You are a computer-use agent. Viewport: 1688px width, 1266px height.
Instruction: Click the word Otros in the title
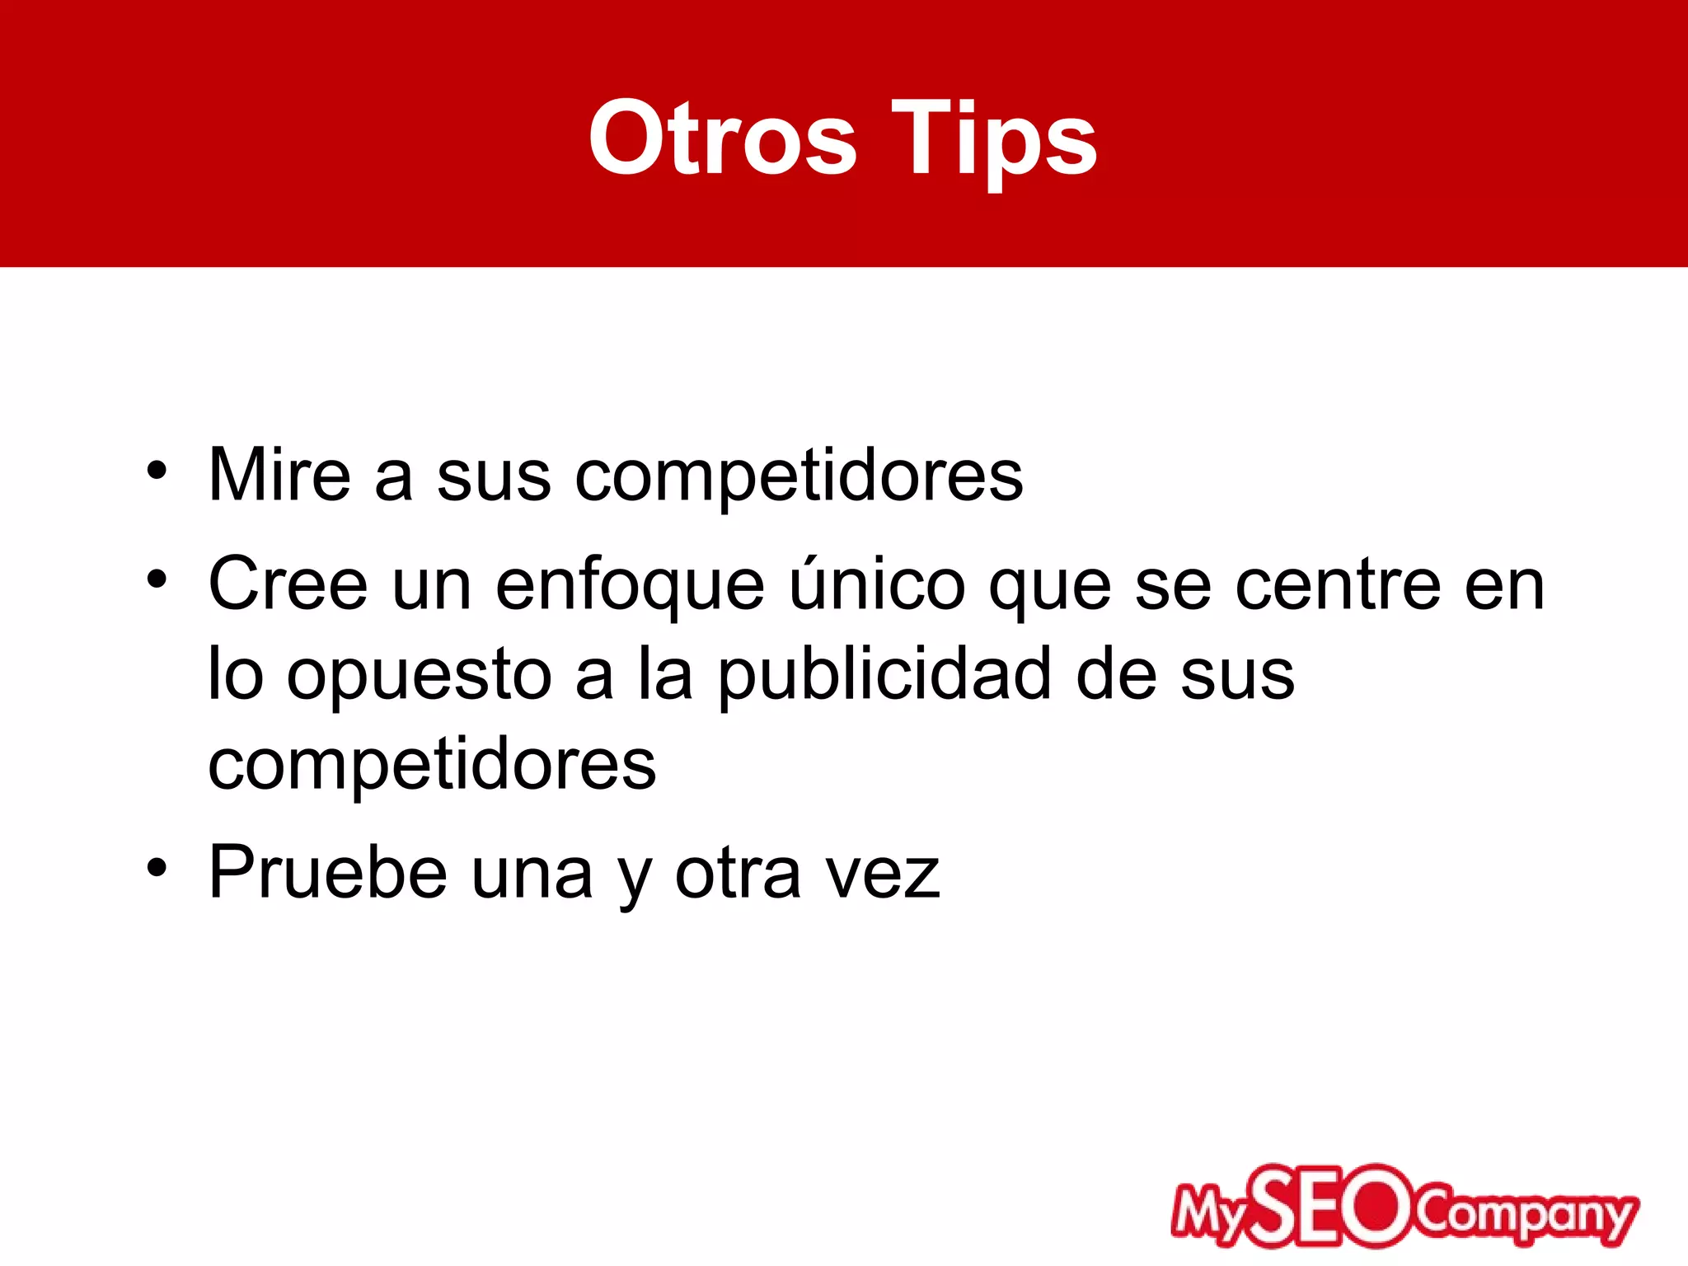point(723,138)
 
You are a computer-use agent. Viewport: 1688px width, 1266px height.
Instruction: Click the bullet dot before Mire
point(157,472)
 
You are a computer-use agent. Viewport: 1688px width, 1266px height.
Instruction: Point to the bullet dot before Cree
point(157,580)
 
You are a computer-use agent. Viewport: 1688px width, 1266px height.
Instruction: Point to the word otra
point(738,874)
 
